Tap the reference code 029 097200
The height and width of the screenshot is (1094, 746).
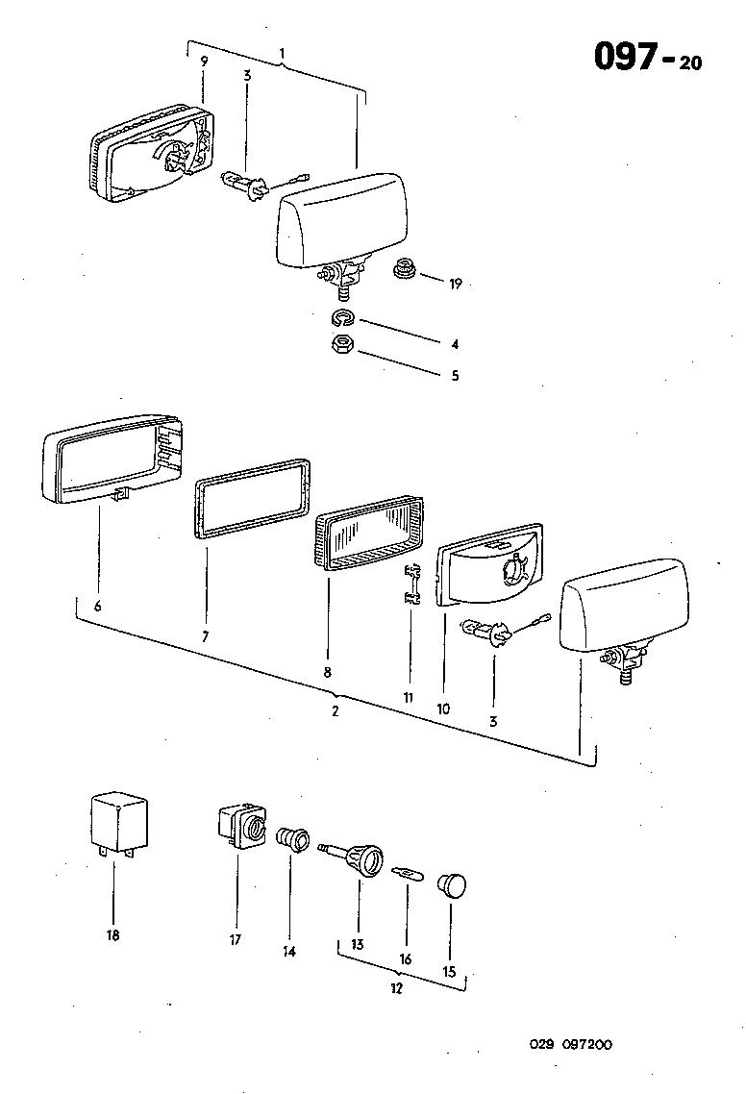tap(570, 1045)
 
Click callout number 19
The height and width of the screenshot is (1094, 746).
tap(455, 283)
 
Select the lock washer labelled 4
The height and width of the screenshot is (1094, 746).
tap(341, 319)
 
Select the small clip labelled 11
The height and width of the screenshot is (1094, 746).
tap(412, 586)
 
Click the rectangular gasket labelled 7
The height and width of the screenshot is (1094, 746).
tap(255, 509)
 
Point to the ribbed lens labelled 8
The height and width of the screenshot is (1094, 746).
tap(368, 538)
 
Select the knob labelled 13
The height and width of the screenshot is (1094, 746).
tap(361, 856)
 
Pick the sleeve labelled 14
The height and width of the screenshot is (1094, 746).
tap(291, 839)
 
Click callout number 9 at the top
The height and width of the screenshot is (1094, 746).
tap(204, 62)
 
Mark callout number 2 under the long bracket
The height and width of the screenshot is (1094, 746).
tap(335, 711)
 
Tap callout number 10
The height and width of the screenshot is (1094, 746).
tap(443, 709)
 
